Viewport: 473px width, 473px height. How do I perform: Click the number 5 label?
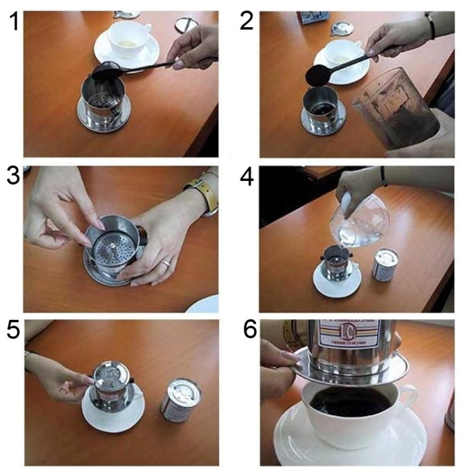click(13, 331)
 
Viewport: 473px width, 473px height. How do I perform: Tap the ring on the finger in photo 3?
click(165, 262)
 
